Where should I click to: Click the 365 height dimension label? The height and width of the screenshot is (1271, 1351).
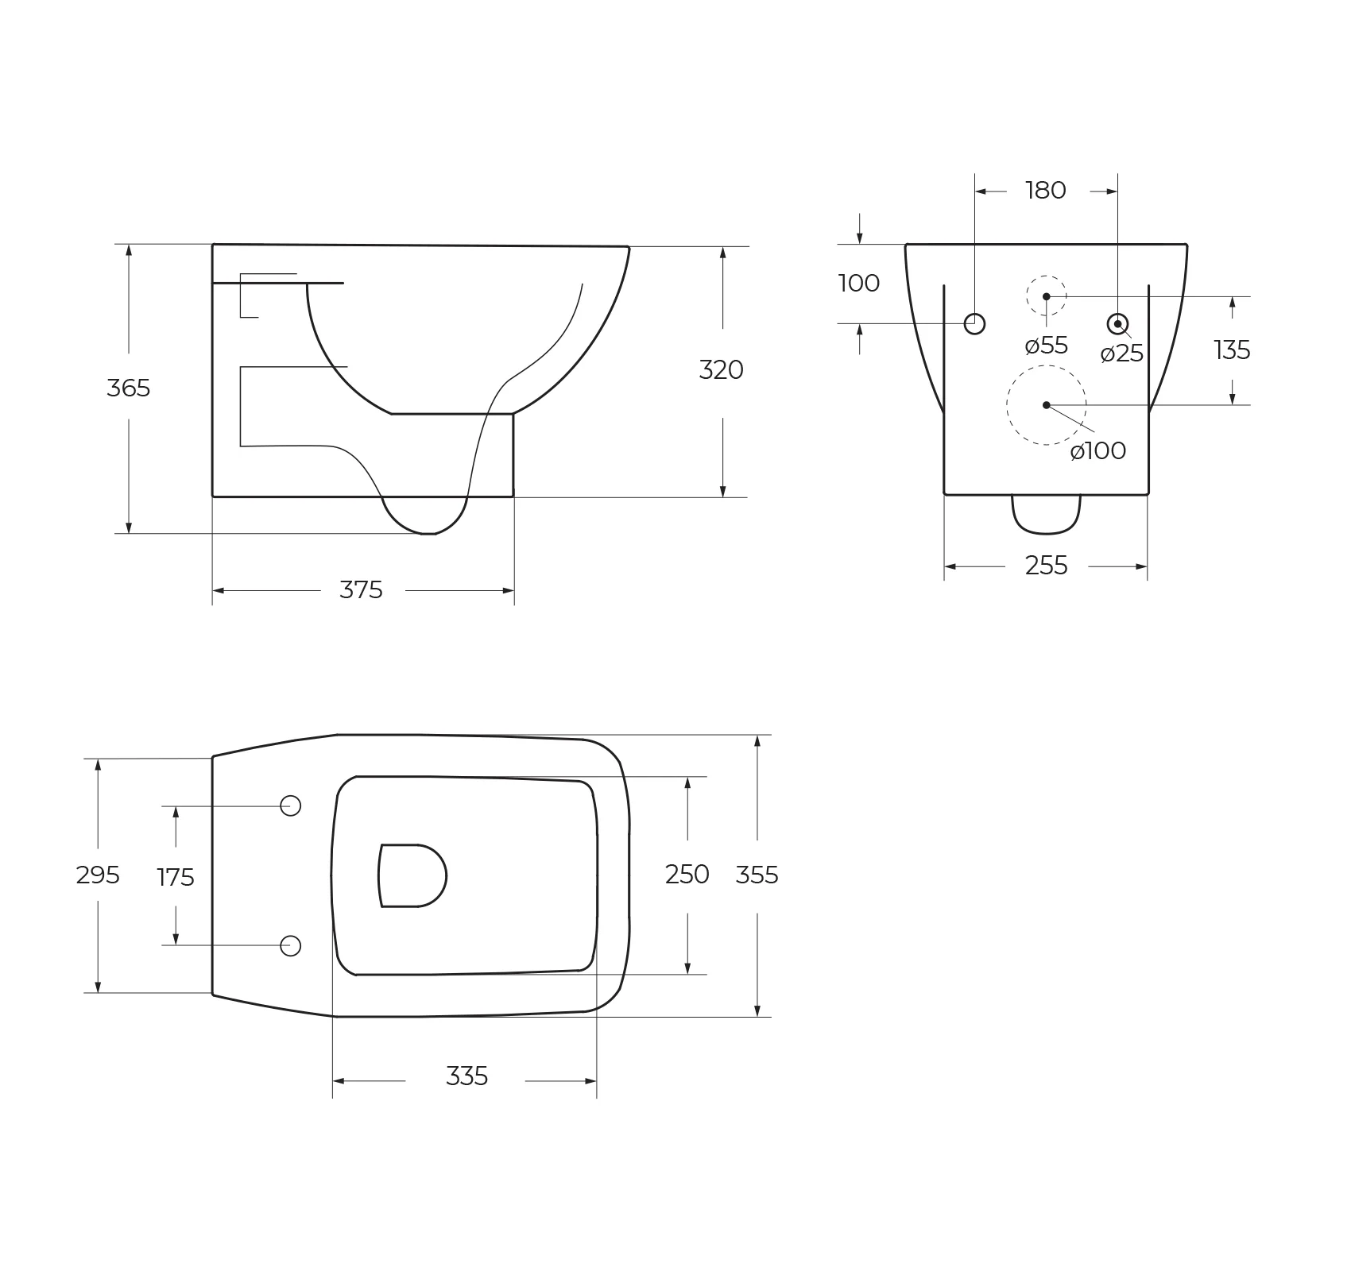pos(128,388)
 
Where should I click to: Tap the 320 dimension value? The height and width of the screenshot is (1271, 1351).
pos(721,369)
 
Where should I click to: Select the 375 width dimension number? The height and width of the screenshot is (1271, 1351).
pos(361,590)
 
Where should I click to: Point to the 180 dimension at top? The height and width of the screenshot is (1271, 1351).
pos(1045,191)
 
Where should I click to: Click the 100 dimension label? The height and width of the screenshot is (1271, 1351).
pos(859,283)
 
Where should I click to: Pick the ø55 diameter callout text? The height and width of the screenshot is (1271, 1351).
pos(1047,346)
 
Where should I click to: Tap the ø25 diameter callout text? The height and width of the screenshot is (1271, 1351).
pos(1122,353)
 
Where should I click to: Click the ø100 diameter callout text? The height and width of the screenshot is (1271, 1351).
pos(1098,450)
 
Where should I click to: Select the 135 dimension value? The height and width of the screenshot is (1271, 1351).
pos(1232,350)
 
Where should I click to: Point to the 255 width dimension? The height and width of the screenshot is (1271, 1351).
pos(1046,566)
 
